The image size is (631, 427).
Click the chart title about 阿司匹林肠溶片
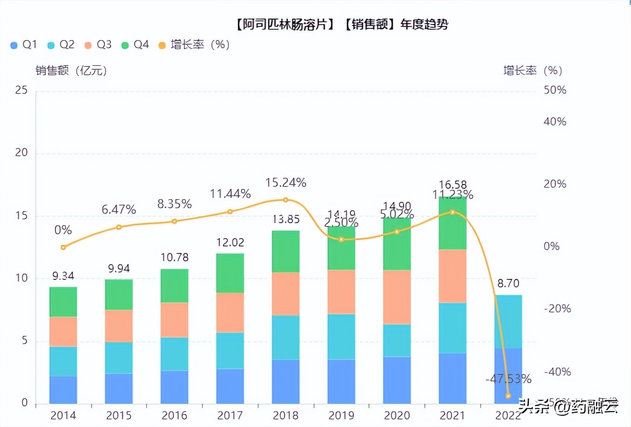tap(342, 24)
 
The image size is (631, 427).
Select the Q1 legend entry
tap(24, 45)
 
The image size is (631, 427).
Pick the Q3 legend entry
tap(98, 45)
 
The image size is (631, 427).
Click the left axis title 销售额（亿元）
tap(72, 71)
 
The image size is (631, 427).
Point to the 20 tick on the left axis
tap(21, 153)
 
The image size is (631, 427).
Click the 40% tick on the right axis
tap(555, 122)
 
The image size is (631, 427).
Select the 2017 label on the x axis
tap(230, 415)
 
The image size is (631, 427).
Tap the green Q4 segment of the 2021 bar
tap(452, 223)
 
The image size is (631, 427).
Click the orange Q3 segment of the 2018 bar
tap(286, 294)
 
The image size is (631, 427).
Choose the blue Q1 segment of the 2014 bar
tap(63, 390)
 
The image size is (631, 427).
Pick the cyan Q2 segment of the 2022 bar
tap(508, 321)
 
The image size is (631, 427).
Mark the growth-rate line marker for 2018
tap(286, 200)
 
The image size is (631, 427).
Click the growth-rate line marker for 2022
tap(508, 396)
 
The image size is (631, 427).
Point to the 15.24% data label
tap(286, 183)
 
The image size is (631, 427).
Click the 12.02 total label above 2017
tap(230, 242)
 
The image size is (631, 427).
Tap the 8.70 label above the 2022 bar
tap(508, 283)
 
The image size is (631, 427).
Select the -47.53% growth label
tap(508, 379)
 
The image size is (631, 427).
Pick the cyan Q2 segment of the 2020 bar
tap(397, 340)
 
